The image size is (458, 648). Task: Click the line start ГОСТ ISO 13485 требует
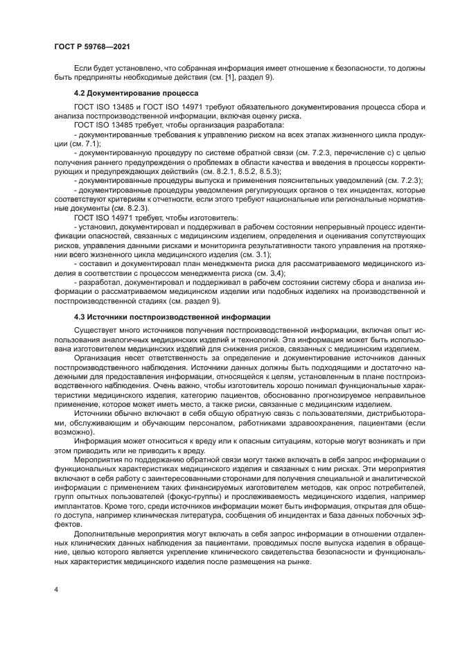[x=107, y=125]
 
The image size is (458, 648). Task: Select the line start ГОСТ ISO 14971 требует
[x=107, y=218]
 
